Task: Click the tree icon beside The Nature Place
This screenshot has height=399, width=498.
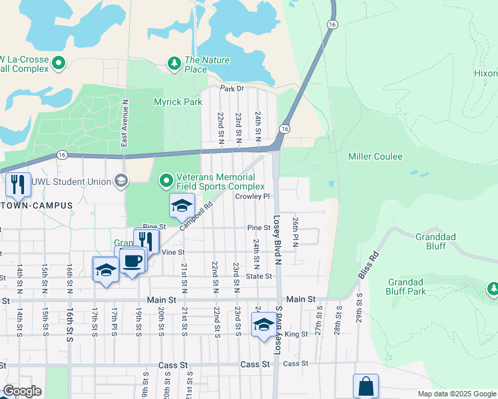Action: pyautogui.click(x=174, y=63)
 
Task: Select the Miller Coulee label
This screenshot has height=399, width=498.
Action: pyautogui.click(x=375, y=156)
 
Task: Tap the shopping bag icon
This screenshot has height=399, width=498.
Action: pyautogui.click(x=366, y=386)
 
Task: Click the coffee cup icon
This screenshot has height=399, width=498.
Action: pyautogui.click(x=132, y=260)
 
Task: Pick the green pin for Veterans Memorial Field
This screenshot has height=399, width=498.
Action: pyautogui.click(x=166, y=180)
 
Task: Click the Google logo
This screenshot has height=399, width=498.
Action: pyautogui.click(x=22, y=391)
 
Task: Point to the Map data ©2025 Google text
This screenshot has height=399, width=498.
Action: pyautogui.click(x=456, y=394)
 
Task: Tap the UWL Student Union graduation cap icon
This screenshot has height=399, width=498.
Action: pyautogui.click(x=121, y=180)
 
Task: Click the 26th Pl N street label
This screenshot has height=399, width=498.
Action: pyautogui.click(x=295, y=231)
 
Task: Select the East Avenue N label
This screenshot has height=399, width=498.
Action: pyautogui.click(x=124, y=128)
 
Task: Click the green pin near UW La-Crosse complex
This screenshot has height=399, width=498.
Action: pyautogui.click(x=59, y=64)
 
